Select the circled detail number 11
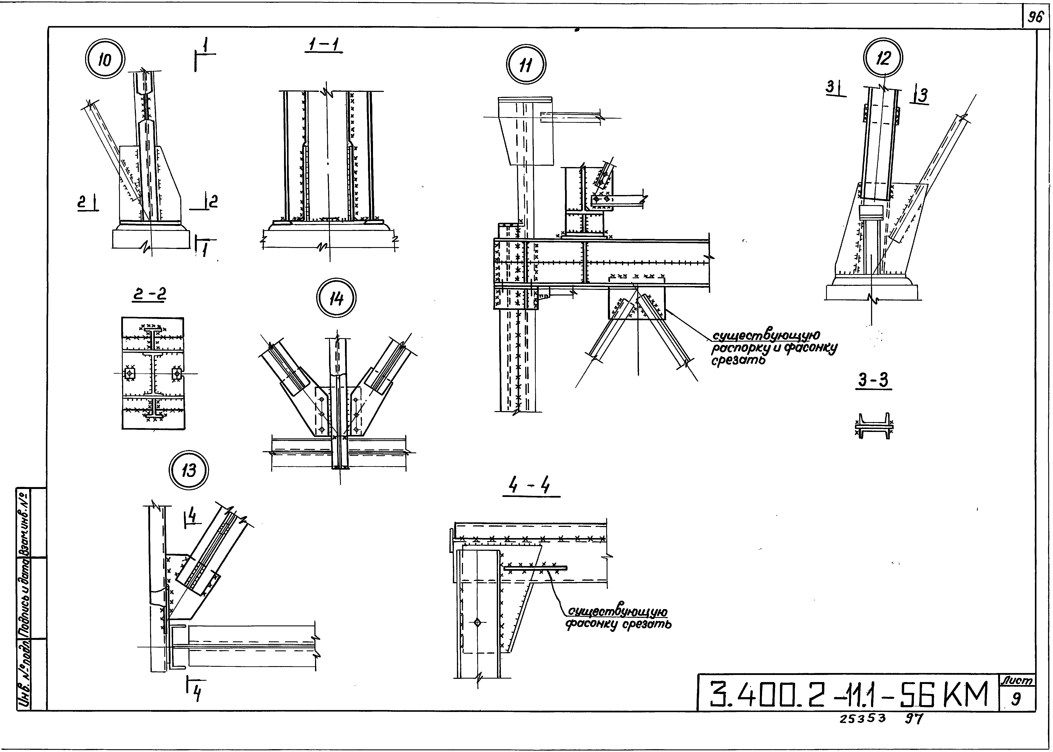click(x=526, y=65)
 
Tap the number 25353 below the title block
click(x=863, y=718)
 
